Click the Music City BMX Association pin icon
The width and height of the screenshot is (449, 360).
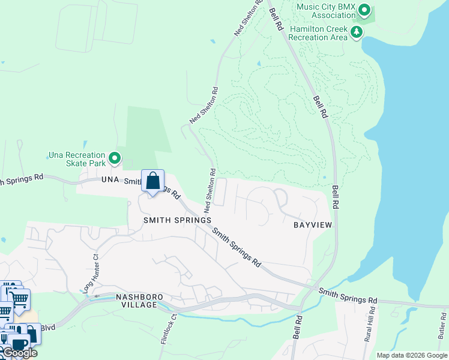364,10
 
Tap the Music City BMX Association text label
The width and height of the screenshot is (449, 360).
327,10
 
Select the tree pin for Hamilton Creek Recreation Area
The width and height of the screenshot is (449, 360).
357,31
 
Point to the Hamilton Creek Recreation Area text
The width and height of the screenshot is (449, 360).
318,32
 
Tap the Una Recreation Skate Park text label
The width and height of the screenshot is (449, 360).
76,159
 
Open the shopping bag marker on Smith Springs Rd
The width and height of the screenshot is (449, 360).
153,180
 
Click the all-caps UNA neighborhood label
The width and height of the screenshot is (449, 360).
111,180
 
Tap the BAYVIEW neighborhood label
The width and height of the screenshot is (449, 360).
313,225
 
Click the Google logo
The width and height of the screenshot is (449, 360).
20,353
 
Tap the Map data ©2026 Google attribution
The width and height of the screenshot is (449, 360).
412,355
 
